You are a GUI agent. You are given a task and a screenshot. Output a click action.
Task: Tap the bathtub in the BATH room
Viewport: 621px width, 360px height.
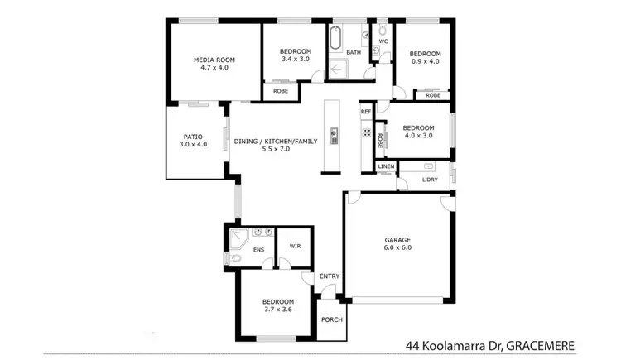point(336,40)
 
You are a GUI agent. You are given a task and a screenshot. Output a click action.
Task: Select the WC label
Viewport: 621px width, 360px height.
point(383,41)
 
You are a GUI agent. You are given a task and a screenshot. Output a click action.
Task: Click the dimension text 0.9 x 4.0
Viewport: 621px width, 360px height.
point(426,63)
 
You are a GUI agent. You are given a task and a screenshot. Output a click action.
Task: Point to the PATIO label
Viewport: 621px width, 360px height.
point(192,137)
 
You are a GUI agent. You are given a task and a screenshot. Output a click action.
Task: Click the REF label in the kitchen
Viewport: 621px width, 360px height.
point(365,111)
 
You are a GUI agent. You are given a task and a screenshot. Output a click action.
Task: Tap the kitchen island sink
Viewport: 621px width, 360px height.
point(335,133)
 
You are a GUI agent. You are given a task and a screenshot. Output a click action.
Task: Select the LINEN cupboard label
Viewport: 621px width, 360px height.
point(386,166)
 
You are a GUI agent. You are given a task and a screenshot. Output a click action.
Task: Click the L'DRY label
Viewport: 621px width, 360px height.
point(430,179)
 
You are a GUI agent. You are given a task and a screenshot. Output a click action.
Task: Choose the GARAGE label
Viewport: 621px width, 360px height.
point(397,239)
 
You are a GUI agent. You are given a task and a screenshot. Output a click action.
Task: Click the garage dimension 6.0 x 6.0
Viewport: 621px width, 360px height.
point(397,247)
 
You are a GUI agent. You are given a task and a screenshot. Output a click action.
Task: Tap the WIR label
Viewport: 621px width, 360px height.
point(295,247)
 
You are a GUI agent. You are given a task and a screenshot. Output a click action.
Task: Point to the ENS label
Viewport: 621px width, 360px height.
point(258,249)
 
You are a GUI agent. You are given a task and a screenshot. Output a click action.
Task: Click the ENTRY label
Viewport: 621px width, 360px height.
point(330,276)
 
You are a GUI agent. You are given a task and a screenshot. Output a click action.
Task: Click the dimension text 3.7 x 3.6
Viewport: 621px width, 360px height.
point(277,310)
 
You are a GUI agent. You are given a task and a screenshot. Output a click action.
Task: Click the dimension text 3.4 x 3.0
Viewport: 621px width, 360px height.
point(296,59)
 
